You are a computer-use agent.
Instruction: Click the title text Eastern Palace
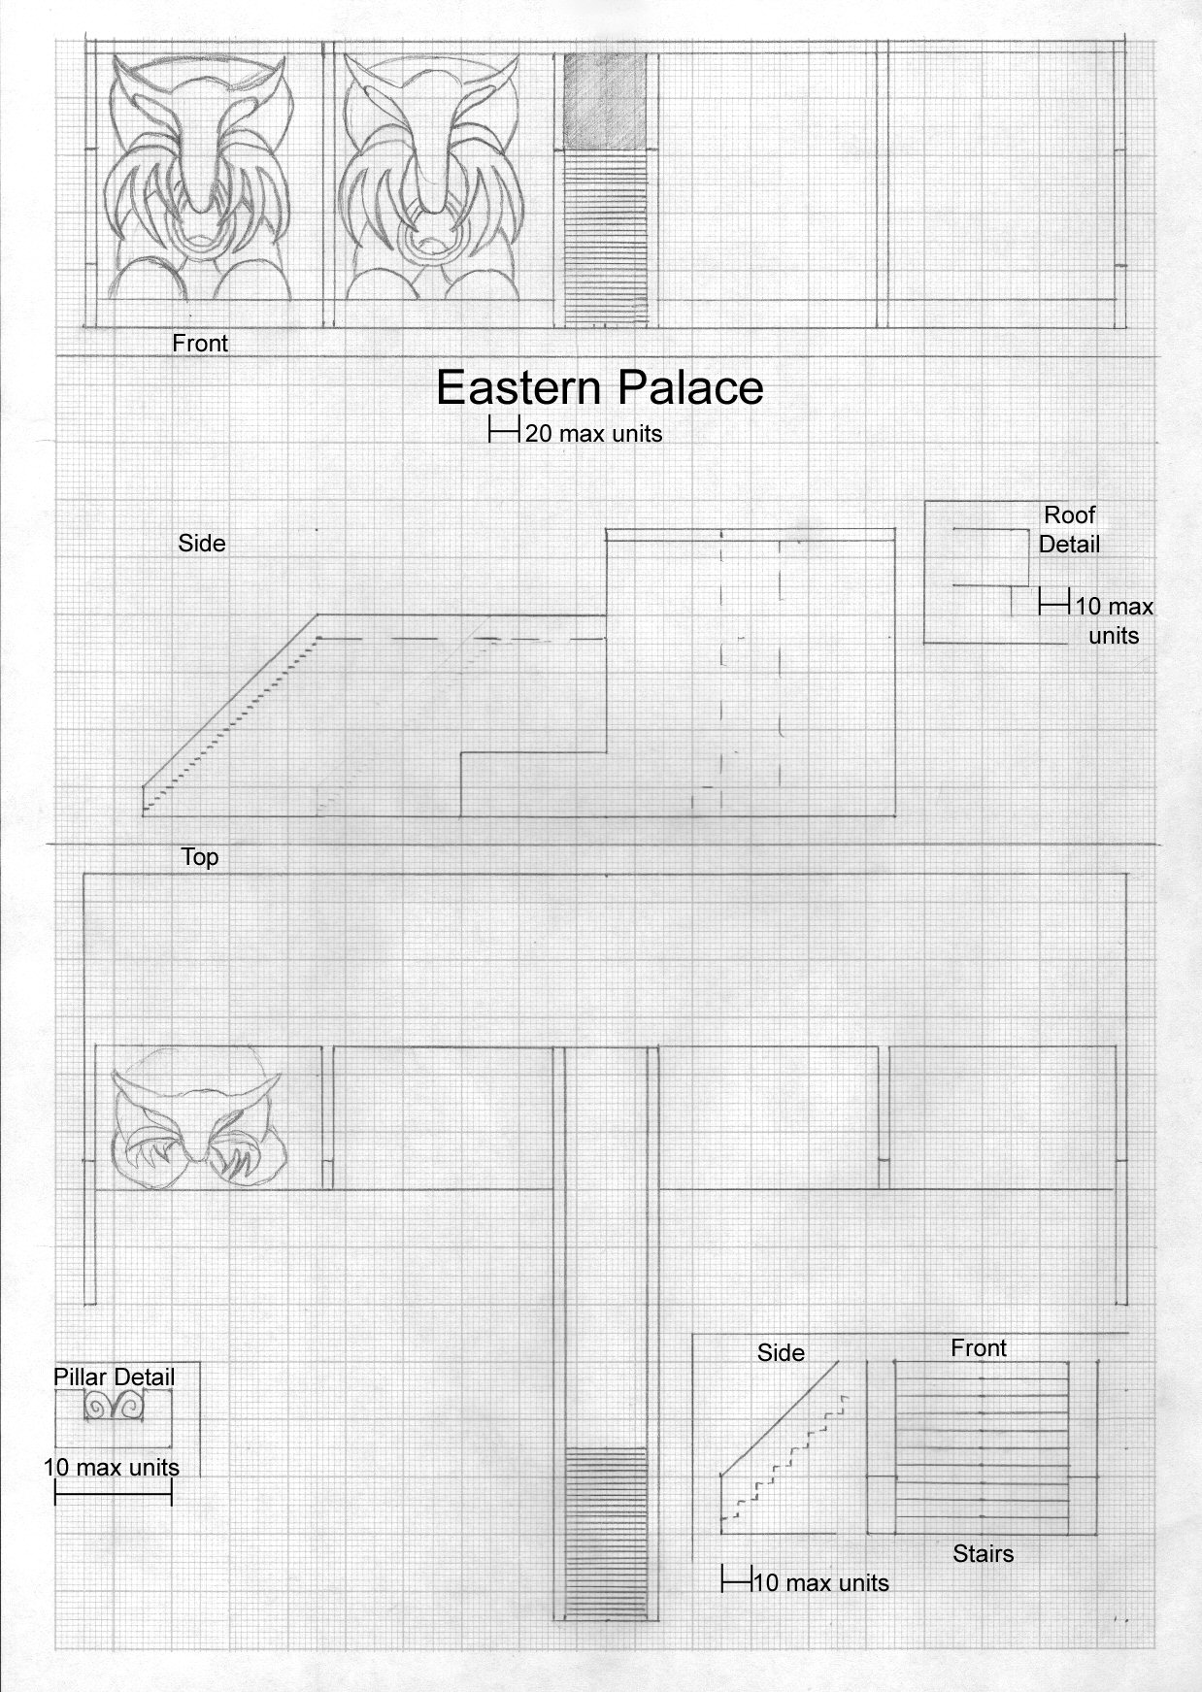[599, 387]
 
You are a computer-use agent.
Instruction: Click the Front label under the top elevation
[200, 343]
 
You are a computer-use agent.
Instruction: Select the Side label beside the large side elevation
[202, 543]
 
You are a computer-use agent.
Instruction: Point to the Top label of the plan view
[200, 857]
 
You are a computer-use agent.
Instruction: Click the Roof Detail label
[1069, 529]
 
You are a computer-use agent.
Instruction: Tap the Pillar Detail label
[114, 1377]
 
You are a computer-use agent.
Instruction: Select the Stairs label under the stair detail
[983, 1553]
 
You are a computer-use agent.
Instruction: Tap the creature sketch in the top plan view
[198, 1116]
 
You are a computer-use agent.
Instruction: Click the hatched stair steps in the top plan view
[606, 1531]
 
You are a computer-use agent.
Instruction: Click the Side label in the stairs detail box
[781, 1352]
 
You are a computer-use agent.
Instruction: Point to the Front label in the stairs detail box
[979, 1347]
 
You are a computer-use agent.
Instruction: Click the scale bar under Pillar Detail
[114, 1496]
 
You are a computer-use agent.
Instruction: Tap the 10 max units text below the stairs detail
[820, 1582]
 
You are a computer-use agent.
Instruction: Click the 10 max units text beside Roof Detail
[1114, 620]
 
